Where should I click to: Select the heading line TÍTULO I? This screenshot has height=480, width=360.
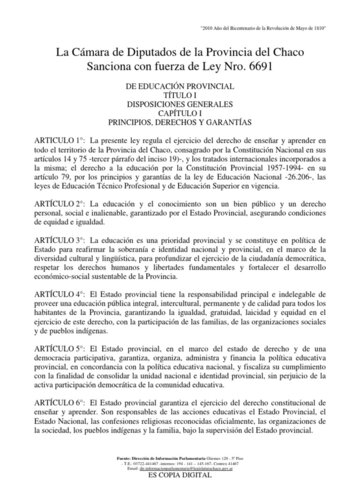tap(179, 97)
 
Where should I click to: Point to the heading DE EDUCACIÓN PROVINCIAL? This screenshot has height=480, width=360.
tap(179, 88)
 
